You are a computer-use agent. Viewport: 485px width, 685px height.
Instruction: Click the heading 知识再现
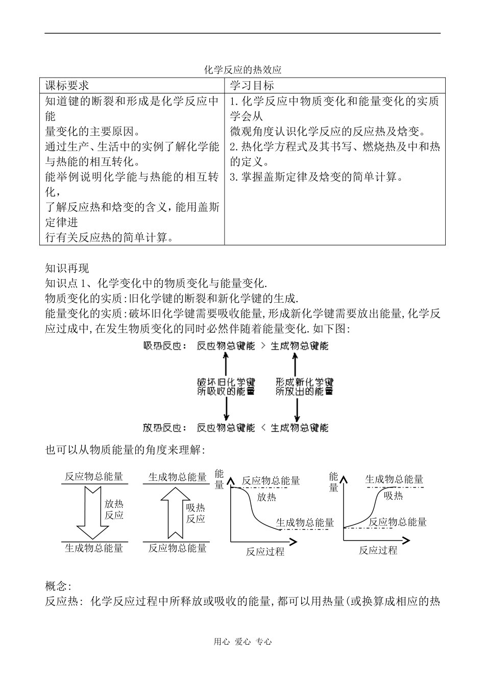point(67,268)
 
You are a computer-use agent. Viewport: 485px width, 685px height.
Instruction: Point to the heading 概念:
point(58,586)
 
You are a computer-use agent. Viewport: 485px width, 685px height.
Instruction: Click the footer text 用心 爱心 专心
point(243,642)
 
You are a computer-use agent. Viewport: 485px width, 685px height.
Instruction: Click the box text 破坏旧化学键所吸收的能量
point(226,387)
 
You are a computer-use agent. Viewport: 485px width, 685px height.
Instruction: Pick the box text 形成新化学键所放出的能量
point(304,387)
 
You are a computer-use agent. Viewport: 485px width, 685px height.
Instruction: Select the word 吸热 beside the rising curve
point(393,495)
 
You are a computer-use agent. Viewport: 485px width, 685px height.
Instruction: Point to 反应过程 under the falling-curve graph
point(265,551)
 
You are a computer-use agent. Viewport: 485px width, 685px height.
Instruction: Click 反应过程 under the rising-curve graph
point(378,550)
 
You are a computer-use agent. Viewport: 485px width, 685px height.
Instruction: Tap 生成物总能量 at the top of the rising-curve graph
point(394,479)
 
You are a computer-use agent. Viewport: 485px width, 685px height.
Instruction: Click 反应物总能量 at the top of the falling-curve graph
point(271,480)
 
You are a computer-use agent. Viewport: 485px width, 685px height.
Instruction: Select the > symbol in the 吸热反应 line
point(262,346)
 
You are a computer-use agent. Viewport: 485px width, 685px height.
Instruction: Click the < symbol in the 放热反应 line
point(262,428)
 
